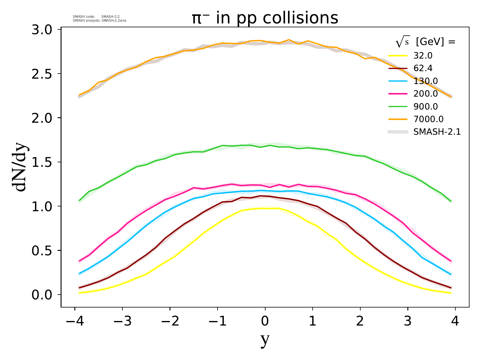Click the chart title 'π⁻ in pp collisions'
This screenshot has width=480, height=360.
point(265,18)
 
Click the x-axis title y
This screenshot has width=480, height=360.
point(265,340)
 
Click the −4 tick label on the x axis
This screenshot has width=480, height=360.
point(74,321)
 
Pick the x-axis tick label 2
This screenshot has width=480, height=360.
point(360,321)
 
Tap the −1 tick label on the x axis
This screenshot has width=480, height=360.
point(217,321)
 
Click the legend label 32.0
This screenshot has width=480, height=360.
point(423,56)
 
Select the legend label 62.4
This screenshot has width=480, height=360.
point(423,68)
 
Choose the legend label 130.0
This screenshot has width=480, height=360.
point(425,81)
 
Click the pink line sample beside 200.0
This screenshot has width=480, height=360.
point(398,94)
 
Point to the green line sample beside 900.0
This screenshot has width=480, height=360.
point(398,106)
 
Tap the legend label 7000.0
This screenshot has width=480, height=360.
point(428,119)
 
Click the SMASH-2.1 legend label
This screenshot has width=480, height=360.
point(437,132)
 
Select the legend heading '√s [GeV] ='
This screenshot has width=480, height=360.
point(425,42)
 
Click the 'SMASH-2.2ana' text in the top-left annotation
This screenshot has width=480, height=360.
point(115,21)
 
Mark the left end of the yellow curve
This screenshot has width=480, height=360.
point(79,293)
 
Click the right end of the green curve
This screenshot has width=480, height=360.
point(451,201)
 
